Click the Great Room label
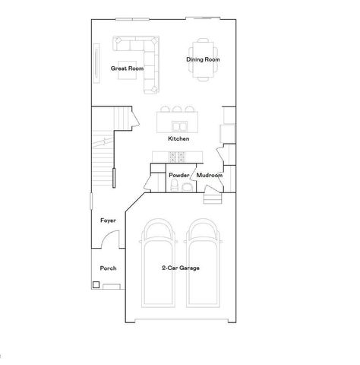(x=127, y=68)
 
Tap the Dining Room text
(x=203, y=59)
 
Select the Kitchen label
(x=178, y=139)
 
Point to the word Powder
(x=178, y=175)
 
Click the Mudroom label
(x=209, y=175)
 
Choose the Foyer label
(x=108, y=221)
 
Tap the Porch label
(x=108, y=268)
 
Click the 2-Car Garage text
(x=180, y=268)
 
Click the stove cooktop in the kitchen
(x=178, y=157)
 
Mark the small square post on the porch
(x=96, y=285)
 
